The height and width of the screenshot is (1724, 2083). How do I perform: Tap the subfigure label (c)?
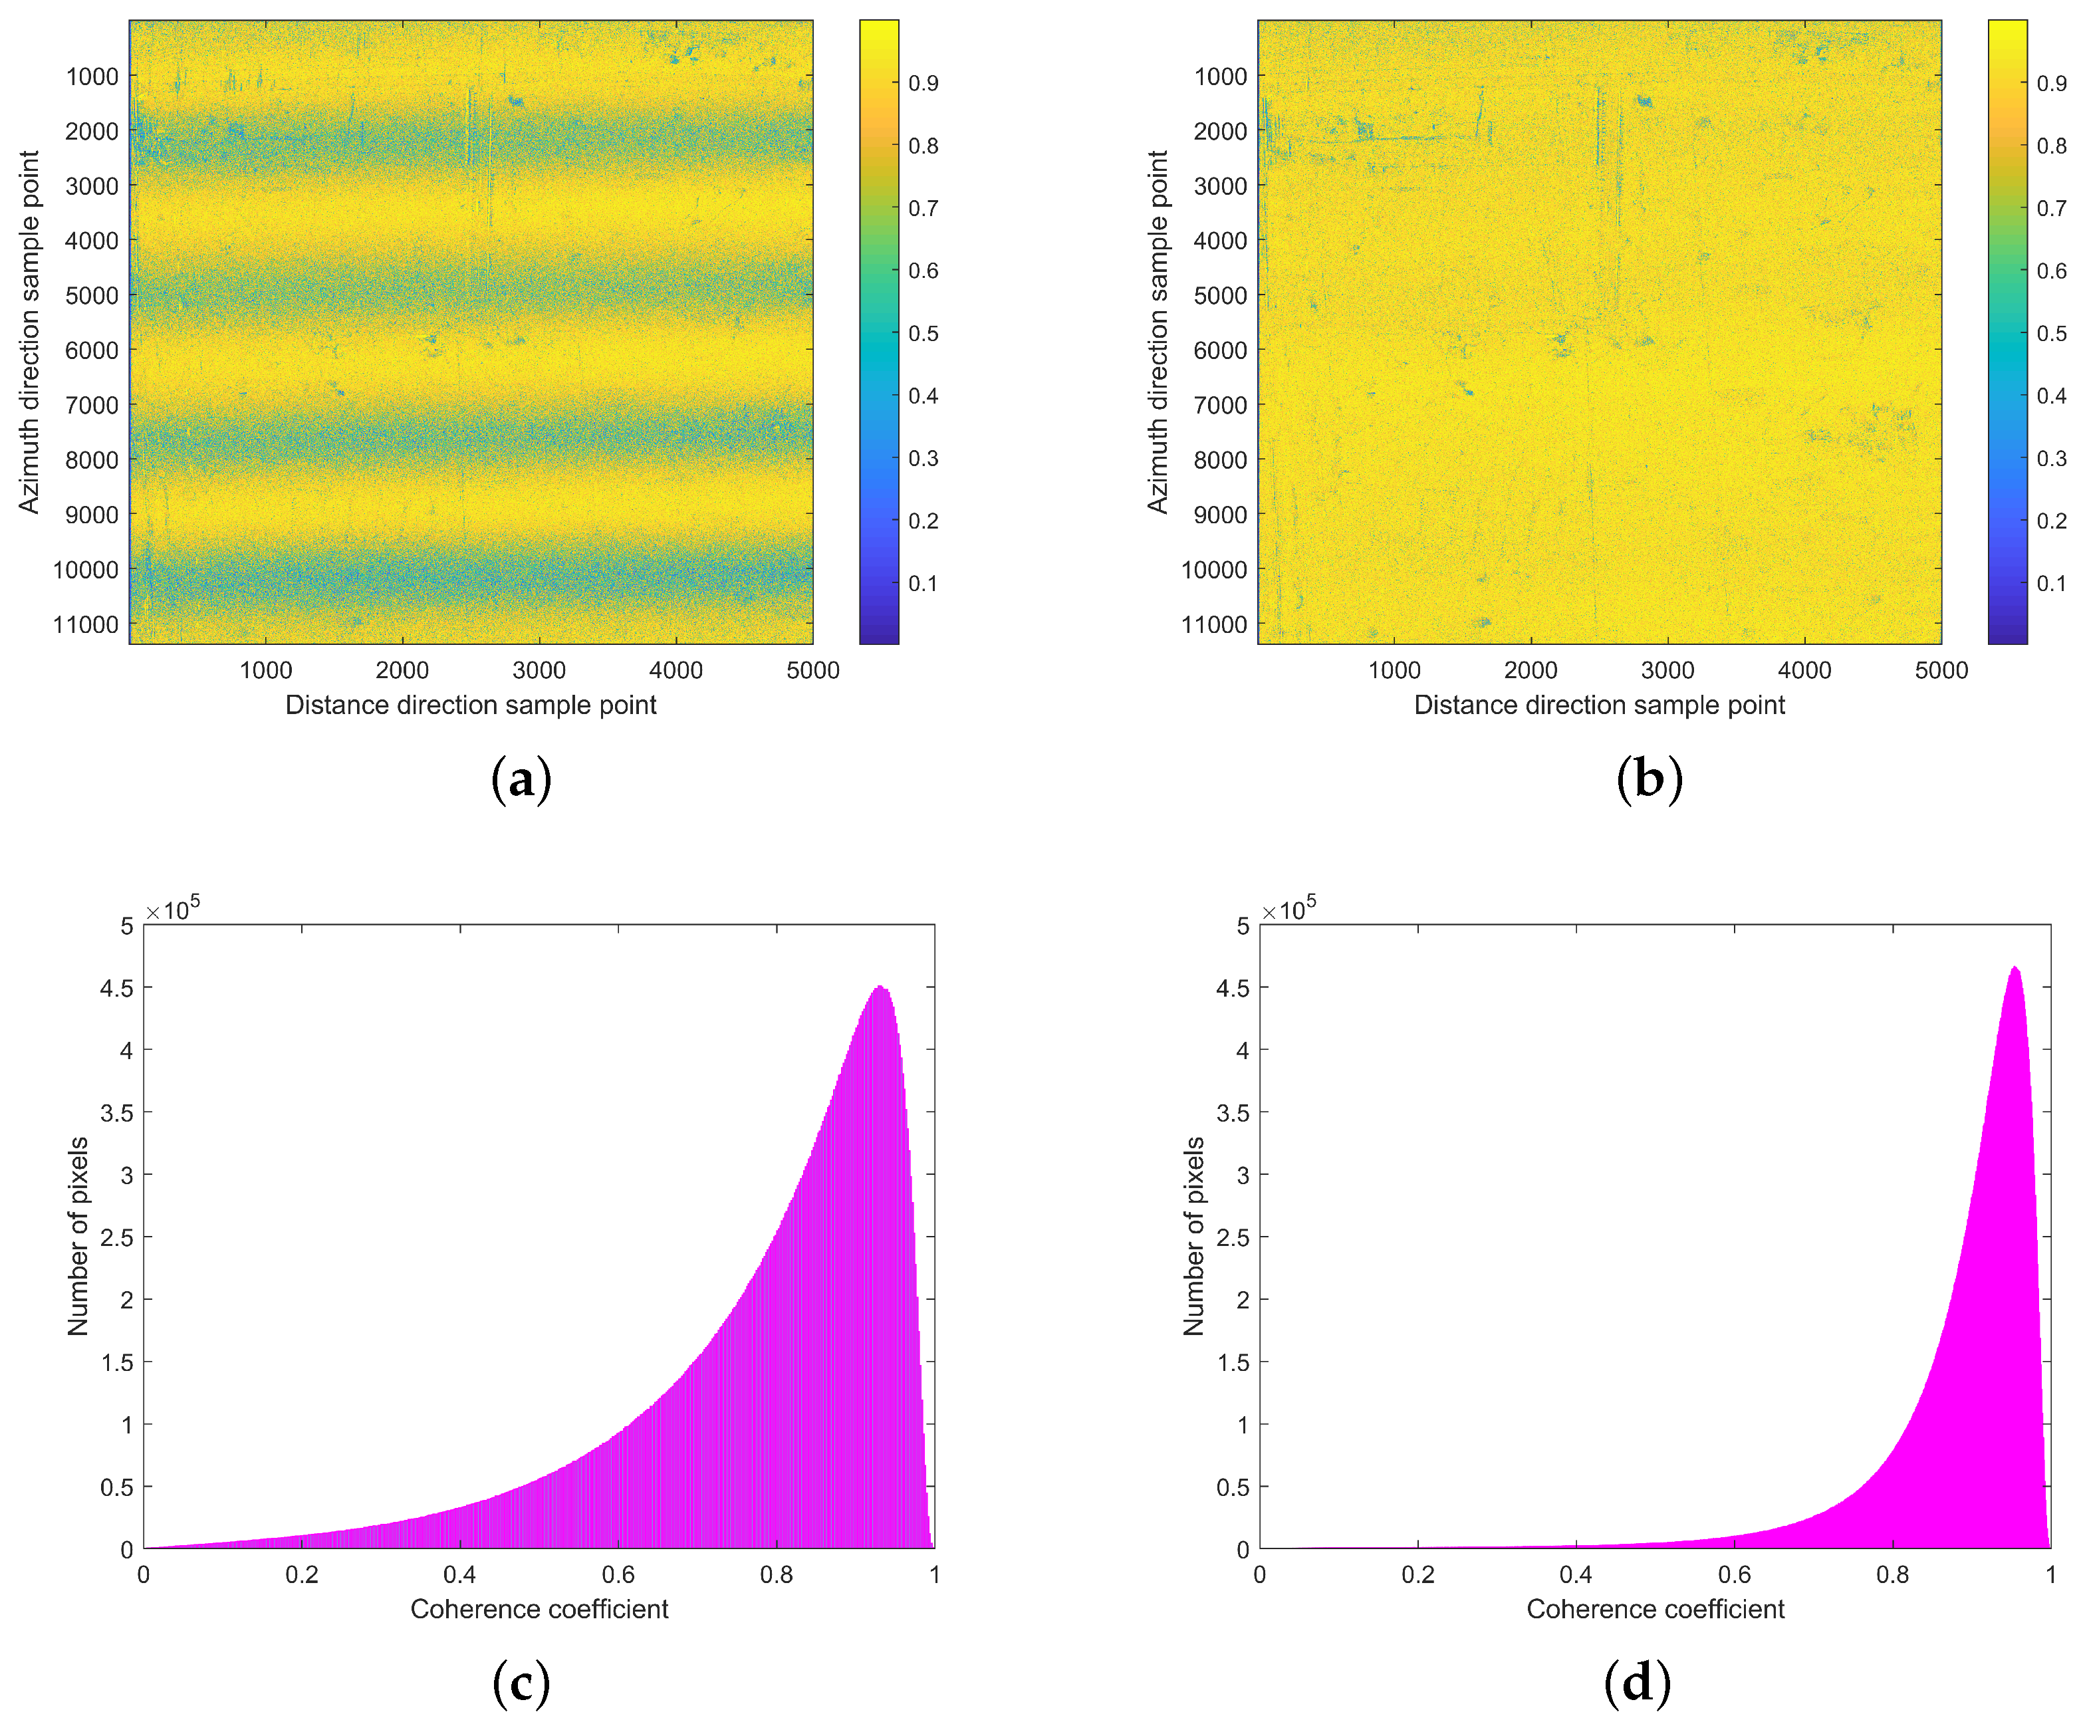[x=521, y=1683]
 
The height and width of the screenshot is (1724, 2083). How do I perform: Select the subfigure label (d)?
[x=1637, y=1683]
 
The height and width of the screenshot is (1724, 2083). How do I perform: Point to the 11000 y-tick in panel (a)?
[x=91, y=625]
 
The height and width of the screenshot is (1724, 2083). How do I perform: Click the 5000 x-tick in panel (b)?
[x=1940, y=671]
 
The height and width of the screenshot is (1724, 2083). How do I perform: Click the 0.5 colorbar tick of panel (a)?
[x=923, y=333]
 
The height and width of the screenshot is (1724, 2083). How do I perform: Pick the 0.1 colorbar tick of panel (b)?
[x=2051, y=583]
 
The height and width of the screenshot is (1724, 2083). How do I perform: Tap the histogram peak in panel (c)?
[x=880, y=987]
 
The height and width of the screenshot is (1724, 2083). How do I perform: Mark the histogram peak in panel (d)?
[x=2015, y=967]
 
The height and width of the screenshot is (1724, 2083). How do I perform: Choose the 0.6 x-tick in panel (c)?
[x=618, y=1574]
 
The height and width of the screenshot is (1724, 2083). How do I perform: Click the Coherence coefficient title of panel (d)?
[x=1654, y=1609]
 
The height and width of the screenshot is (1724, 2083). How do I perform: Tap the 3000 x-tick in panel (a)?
[x=539, y=671]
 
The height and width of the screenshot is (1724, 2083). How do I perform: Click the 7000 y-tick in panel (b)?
[x=1220, y=405]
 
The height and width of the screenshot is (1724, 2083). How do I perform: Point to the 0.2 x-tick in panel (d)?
[x=1417, y=1574]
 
